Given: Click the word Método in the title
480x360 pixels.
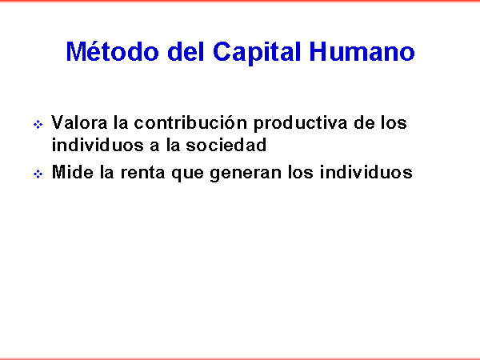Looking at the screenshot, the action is [112, 51].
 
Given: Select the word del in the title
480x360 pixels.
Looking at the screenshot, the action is [186, 51].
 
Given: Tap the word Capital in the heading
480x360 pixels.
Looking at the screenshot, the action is [257, 52].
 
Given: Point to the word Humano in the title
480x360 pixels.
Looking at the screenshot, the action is [362, 51].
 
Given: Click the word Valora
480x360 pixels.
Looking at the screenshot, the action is [79, 122].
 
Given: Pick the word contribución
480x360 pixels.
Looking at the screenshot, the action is [190, 122].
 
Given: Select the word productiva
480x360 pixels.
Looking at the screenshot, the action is [300, 124].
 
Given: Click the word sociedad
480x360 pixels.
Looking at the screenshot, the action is [226, 145].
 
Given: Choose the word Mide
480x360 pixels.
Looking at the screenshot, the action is [73, 172].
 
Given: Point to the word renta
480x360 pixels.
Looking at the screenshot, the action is [142, 172].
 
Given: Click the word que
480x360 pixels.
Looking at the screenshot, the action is [187, 174].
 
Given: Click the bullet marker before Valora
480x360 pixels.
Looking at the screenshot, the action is [38, 125].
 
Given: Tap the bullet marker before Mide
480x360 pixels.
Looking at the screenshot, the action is [38, 174].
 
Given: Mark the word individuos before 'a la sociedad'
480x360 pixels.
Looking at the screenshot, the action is [98, 145].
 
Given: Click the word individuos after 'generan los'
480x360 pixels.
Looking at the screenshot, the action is [366, 172].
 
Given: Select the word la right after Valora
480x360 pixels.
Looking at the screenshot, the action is [121, 122].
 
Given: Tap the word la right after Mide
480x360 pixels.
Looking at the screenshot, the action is [107, 172].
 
